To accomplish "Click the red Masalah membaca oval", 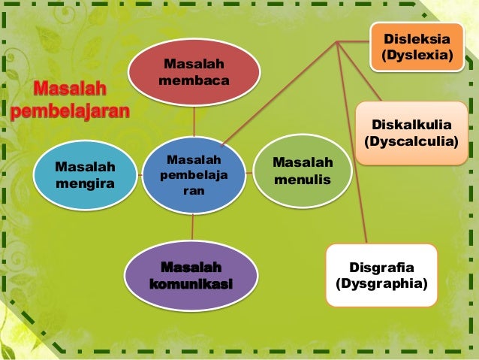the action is [194, 71].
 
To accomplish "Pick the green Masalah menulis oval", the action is [303, 171].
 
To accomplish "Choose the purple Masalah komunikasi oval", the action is [191, 276].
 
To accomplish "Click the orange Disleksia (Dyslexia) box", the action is [416, 47].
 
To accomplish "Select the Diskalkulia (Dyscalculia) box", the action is [411, 132].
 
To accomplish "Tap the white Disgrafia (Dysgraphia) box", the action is [381, 275].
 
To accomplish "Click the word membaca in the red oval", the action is [194, 80].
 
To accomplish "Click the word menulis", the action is [303, 180].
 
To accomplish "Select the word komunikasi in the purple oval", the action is [191, 284].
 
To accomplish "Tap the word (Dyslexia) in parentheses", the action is [417, 56].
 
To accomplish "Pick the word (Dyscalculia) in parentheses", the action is [411, 141].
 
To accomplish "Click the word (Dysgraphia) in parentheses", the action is [381, 283].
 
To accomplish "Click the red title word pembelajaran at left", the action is [71, 113].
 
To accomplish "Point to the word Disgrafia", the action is [382, 267].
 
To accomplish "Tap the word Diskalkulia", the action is [411, 124].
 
